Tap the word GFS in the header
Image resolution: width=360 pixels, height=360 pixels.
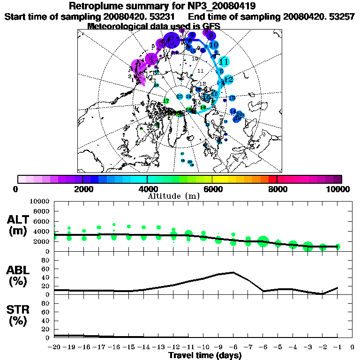point(211,26)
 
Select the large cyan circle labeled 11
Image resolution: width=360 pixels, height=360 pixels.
point(225,61)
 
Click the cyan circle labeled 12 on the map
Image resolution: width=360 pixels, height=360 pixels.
point(228,80)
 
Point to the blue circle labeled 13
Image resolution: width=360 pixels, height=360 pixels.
point(232,97)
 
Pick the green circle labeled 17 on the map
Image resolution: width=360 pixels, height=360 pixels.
point(166,101)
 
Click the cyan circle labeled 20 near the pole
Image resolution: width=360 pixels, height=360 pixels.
point(180,97)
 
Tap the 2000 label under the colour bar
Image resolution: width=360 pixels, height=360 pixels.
point(82,189)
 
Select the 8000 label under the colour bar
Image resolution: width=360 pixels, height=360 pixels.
point(277,189)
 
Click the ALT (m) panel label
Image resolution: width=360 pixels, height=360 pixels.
point(19,225)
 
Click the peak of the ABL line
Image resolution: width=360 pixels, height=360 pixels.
point(233,272)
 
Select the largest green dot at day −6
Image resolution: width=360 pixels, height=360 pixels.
point(262,241)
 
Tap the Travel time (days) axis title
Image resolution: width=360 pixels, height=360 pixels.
point(205,355)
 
